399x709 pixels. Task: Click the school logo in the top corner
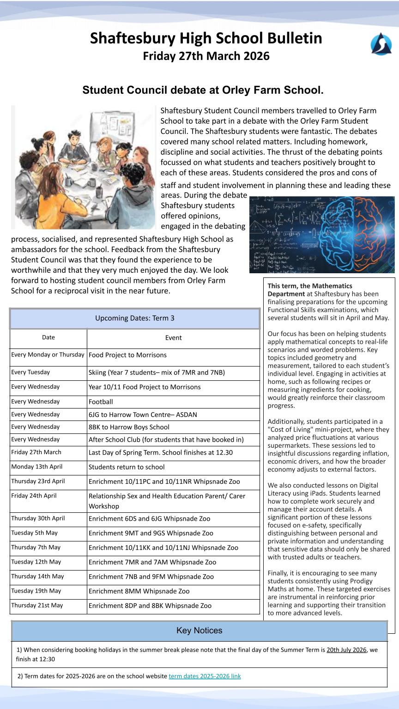[x=381, y=44]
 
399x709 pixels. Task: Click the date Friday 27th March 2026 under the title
[x=206, y=56]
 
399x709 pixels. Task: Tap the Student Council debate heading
[x=203, y=90]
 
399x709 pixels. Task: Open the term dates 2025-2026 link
[x=205, y=676]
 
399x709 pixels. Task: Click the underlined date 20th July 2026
[x=346, y=650]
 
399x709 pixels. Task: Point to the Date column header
[x=48, y=337]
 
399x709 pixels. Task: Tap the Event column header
[x=173, y=338]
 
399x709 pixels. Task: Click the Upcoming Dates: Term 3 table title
[x=134, y=318]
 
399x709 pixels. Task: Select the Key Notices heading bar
[x=199, y=631]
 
